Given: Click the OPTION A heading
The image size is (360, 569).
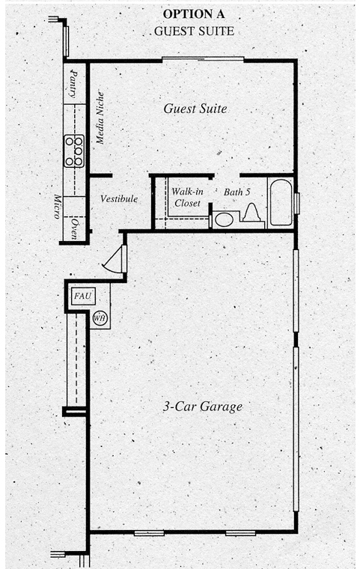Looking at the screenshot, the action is (x=194, y=13).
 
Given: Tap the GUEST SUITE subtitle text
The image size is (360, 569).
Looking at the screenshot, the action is (x=194, y=31).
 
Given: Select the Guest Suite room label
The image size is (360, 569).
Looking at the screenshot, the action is (x=195, y=108).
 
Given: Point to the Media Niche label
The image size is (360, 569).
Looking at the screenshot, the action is (x=100, y=118).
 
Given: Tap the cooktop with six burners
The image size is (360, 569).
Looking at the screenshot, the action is (x=74, y=151).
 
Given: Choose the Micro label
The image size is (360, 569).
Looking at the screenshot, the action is (x=57, y=207).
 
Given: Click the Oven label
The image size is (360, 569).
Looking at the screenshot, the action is (x=74, y=228).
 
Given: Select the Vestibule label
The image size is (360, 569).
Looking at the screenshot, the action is (x=119, y=198).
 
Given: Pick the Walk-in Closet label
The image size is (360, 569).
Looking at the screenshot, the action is (x=187, y=197).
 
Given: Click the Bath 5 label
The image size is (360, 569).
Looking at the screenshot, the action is (x=237, y=192).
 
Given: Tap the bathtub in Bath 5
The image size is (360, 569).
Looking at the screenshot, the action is (x=281, y=202).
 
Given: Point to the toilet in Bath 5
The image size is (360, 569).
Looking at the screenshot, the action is (x=251, y=213).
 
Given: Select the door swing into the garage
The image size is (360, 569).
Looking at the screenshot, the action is (x=114, y=258).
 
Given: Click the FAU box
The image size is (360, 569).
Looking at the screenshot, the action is (x=83, y=296).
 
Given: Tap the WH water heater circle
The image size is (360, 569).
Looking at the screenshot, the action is (x=100, y=319).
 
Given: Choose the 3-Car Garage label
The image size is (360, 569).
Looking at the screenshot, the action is (x=203, y=407).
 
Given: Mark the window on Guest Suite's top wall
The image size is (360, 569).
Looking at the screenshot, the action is (x=203, y=59).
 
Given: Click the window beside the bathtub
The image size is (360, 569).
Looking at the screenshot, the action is (x=297, y=204).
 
